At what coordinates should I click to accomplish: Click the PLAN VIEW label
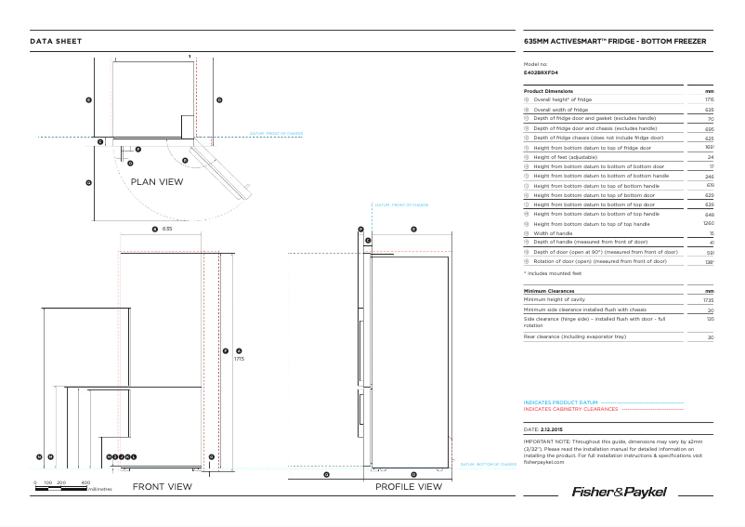pyautogui.click(x=157, y=182)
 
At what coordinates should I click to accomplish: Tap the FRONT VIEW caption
pyautogui.click(x=163, y=487)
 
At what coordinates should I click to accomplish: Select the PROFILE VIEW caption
pyautogui.click(x=409, y=487)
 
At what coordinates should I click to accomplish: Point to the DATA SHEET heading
pyautogui.click(x=56, y=41)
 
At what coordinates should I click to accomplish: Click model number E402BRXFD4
pyautogui.click(x=541, y=72)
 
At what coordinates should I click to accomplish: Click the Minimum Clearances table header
pyautogui.click(x=552, y=291)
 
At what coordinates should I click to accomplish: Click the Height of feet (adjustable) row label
pyautogui.click(x=564, y=157)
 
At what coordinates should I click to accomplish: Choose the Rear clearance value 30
pyautogui.click(x=710, y=337)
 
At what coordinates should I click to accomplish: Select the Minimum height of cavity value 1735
pyautogui.click(x=708, y=300)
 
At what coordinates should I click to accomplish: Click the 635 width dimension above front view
pyautogui.click(x=167, y=228)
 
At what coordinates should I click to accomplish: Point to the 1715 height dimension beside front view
pyautogui.click(x=239, y=359)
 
